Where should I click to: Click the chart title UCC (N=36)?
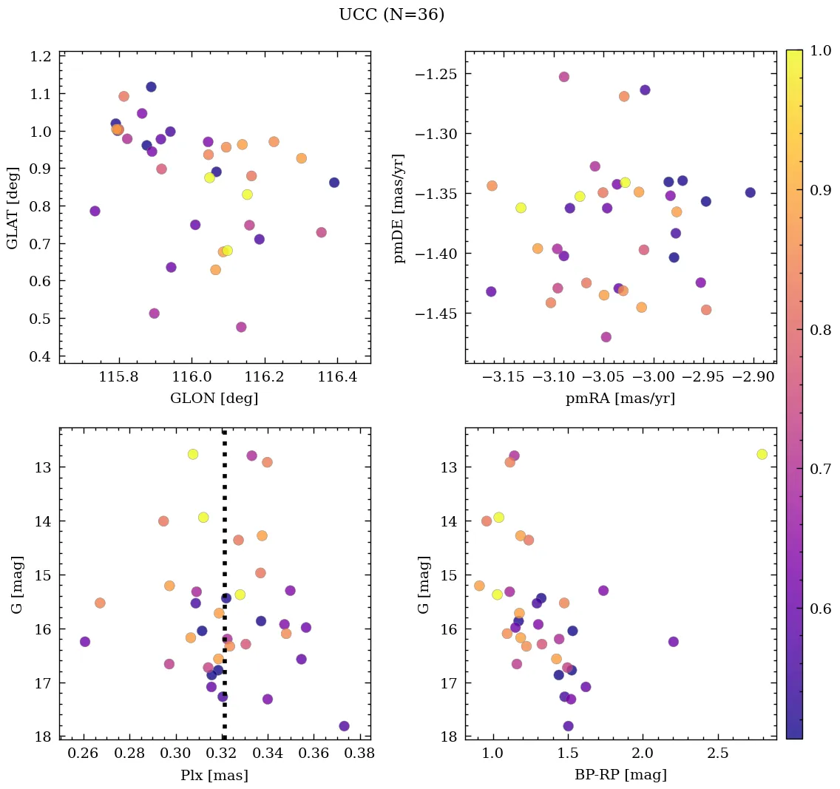[391, 15]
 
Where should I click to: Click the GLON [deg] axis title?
[214, 399]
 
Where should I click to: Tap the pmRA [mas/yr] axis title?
[620, 399]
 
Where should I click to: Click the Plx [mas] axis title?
[214, 775]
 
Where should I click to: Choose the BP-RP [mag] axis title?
[620, 775]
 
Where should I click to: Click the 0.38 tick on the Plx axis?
[360, 754]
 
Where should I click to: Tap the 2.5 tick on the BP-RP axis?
[718, 754]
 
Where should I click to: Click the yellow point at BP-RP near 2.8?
[762, 454]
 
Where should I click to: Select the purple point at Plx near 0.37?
[344, 726]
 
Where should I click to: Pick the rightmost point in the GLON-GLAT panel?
[334, 183]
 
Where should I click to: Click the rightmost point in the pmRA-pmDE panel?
[750, 192]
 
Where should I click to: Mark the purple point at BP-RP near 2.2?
[673, 641]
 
